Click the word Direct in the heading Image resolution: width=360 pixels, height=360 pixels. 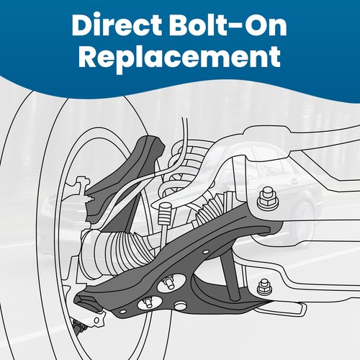click(x=117, y=26)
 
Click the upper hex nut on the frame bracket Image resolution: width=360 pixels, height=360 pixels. click(x=268, y=199)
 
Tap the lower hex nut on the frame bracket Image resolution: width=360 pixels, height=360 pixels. click(x=265, y=288)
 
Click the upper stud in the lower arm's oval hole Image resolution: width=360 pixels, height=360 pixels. click(x=168, y=282)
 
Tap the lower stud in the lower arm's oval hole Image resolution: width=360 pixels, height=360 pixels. click(x=148, y=303)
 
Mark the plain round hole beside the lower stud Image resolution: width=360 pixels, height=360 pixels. click(x=180, y=305)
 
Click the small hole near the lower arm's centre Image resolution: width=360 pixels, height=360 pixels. click(x=206, y=252)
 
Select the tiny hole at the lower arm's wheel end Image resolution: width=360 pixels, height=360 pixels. click(x=123, y=312)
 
